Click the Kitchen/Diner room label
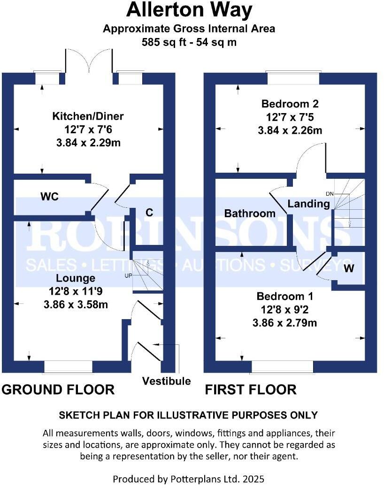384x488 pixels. (88, 116)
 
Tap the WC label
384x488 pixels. (49, 197)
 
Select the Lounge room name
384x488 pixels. (76, 278)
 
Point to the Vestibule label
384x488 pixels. (167, 381)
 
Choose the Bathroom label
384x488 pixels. (250, 213)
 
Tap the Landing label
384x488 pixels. (308, 204)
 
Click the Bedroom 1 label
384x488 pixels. (284, 297)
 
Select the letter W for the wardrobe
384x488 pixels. (349, 268)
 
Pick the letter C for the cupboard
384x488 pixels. (149, 213)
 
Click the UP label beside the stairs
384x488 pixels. (128, 275)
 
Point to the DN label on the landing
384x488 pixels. (329, 193)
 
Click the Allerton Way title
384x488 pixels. (189, 9)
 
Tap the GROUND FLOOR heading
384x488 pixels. (58, 389)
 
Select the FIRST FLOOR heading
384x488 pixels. (250, 389)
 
